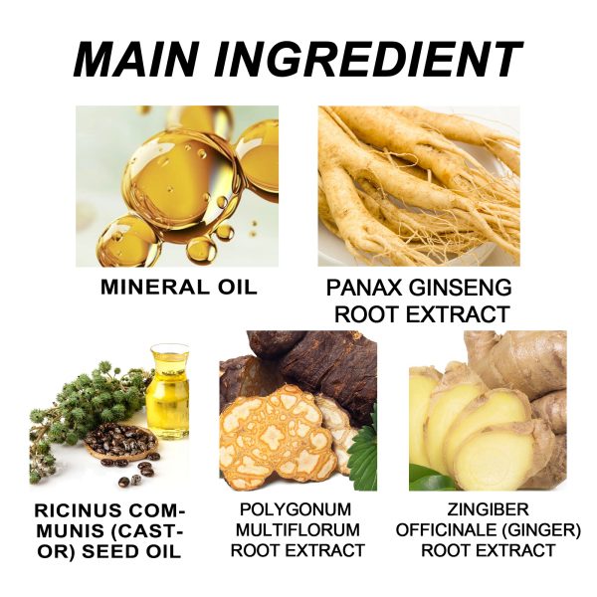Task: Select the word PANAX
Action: pos(363,288)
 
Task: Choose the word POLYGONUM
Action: pos(296,509)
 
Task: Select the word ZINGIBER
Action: pos(488,509)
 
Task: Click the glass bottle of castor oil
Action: pos(167,392)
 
